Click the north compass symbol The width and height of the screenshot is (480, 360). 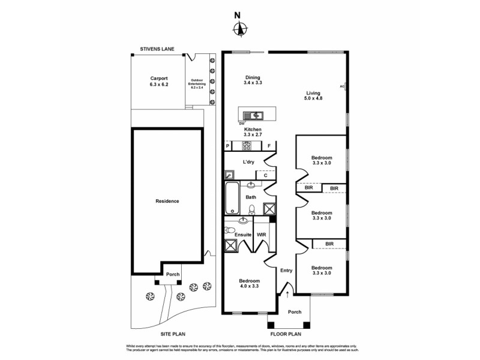pos(240,28)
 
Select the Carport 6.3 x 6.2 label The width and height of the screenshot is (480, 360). pos(159,81)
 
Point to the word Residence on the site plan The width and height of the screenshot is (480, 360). pos(167,201)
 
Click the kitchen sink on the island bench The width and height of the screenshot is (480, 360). pos(256,115)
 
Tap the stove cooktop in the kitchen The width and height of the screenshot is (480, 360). pos(246,145)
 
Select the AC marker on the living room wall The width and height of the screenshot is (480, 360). pos(342,86)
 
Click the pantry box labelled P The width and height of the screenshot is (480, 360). pos(228,145)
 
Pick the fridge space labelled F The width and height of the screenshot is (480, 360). pos(269,145)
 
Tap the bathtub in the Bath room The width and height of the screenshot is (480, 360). pos(232,199)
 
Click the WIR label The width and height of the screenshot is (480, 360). pos(262,235)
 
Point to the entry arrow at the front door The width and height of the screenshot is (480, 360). pos(287,294)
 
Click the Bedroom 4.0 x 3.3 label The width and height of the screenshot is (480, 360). pos(250,284)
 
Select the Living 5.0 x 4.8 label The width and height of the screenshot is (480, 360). pos(314,96)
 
